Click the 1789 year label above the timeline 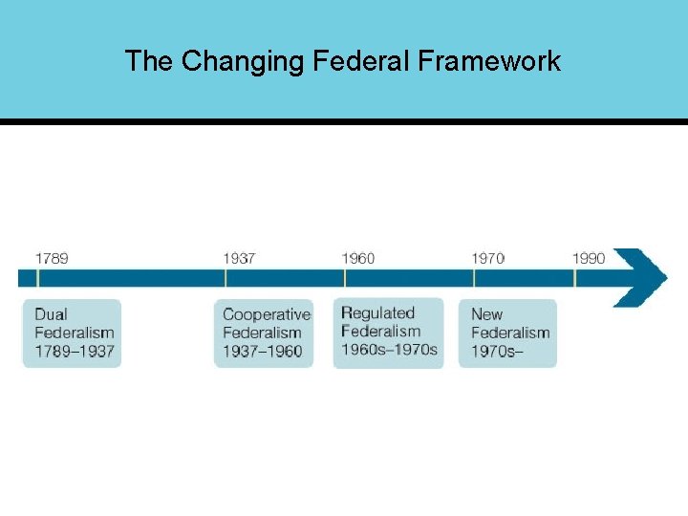[52, 258]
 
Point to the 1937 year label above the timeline [239, 258]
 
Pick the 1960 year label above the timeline [358, 258]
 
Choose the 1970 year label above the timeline [488, 258]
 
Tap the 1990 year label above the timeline [589, 258]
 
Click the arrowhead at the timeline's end [642, 277]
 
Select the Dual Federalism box [73, 333]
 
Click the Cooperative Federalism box [265, 333]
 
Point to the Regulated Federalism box [388, 332]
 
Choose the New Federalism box [507, 333]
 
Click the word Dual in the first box [52, 314]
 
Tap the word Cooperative [267, 314]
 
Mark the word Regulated [377, 312]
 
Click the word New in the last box [486, 314]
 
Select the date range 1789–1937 [75, 352]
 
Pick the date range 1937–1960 [262, 352]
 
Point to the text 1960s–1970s [389, 350]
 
